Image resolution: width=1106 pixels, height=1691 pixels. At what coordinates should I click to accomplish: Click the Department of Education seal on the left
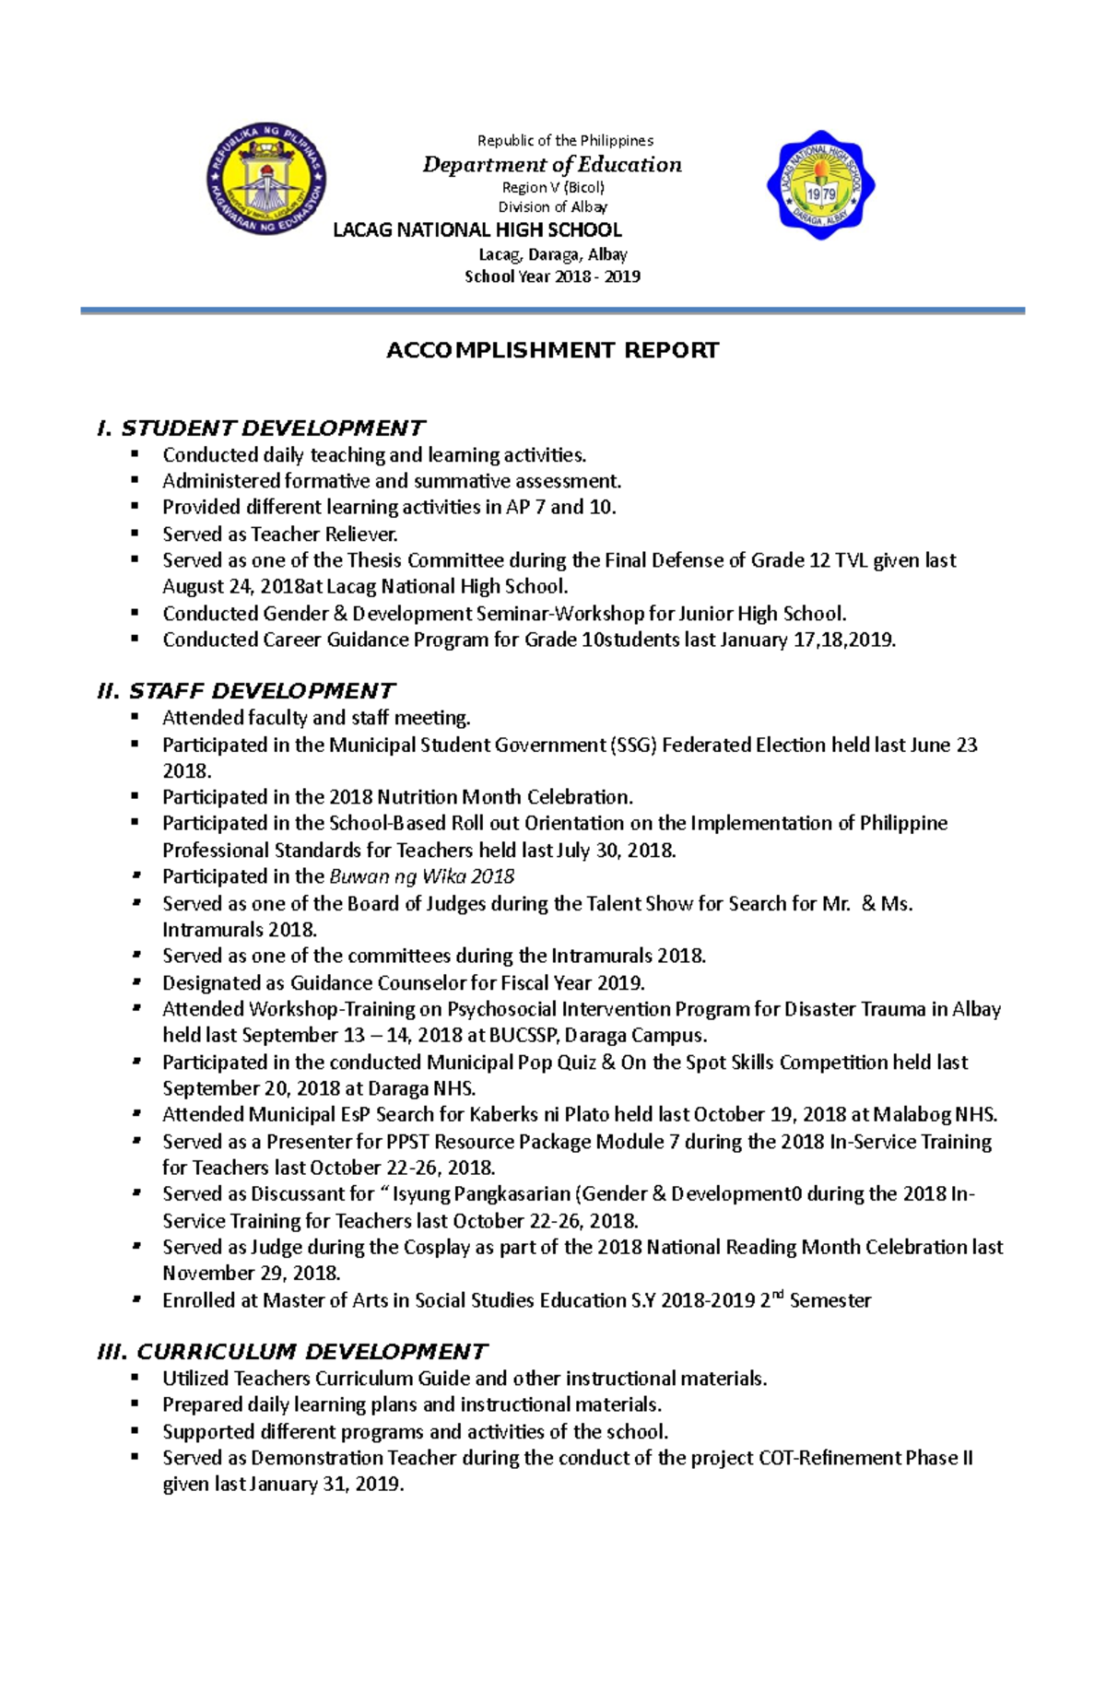click(x=265, y=179)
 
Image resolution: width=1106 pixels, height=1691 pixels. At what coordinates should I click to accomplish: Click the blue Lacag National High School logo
click(x=820, y=185)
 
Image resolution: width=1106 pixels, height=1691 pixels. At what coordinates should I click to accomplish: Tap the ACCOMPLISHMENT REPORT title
click(x=552, y=350)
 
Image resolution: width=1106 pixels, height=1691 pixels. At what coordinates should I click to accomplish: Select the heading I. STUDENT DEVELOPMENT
click(x=261, y=428)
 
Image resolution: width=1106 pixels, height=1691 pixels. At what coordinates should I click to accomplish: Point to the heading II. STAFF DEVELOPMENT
click(x=246, y=691)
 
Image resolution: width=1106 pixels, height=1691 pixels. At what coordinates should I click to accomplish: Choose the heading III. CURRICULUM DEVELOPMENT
click(x=292, y=1352)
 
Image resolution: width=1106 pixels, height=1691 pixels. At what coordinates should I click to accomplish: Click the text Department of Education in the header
click(x=552, y=165)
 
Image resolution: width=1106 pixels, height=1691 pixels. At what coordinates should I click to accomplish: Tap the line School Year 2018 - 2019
click(x=552, y=276)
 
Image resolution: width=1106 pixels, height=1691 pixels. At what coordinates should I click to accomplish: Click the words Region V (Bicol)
click(x=552, y=187)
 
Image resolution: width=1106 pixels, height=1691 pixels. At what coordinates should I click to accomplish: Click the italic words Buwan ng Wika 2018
click(x=422, y=876)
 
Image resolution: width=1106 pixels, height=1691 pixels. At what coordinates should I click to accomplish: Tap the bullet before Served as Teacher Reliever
click(x=135, y=533)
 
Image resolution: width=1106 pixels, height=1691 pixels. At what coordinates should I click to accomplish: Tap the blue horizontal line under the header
click(x=552, y=311)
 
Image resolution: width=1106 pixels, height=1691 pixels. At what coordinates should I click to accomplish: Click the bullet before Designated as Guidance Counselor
click(x=135, y=981)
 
